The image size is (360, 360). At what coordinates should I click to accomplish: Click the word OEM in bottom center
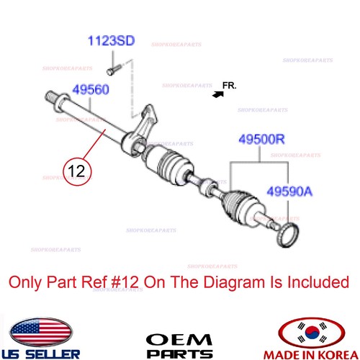[x=179, y=339]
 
